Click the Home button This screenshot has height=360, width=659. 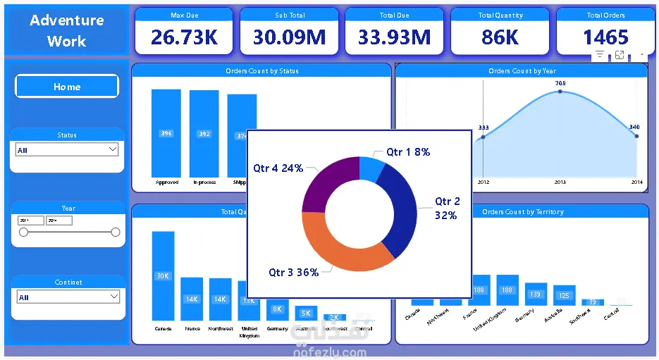[67, 87]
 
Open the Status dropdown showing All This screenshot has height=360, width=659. [67, 150]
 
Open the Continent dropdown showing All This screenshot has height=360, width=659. [68, 297]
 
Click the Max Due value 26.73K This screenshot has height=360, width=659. [184, 37]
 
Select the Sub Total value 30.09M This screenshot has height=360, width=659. [289, 37]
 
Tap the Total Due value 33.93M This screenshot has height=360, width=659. [394, 37]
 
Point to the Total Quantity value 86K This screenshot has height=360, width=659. [500, 37]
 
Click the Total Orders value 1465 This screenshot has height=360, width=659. [605, 37]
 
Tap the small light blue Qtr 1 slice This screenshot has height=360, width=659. [371, 168]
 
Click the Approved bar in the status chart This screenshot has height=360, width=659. [166, 133]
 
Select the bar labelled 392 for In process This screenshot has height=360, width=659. [204, 134]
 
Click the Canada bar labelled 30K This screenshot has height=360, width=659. [164, 276]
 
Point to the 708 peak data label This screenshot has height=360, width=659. [560, 83]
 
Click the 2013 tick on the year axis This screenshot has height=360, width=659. [560, 182]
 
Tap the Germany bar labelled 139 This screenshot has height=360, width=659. [536, 295]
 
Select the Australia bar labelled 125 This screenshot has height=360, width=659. [563, 297]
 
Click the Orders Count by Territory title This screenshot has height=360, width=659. [522, 211]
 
